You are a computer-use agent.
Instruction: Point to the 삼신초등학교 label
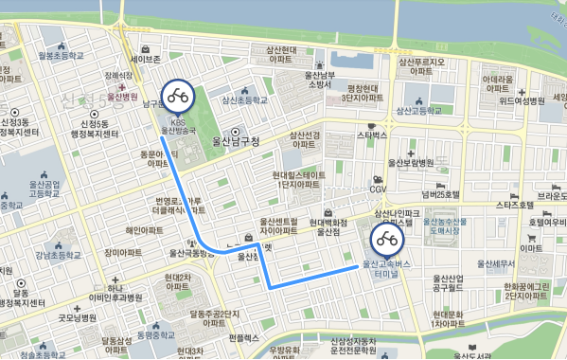click(x=245, y=99)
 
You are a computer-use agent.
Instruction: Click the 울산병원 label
click(x=122, y=96)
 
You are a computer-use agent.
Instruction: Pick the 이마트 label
click(x=530, y=247)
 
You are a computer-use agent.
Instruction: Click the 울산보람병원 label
click(x=411, y=162)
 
